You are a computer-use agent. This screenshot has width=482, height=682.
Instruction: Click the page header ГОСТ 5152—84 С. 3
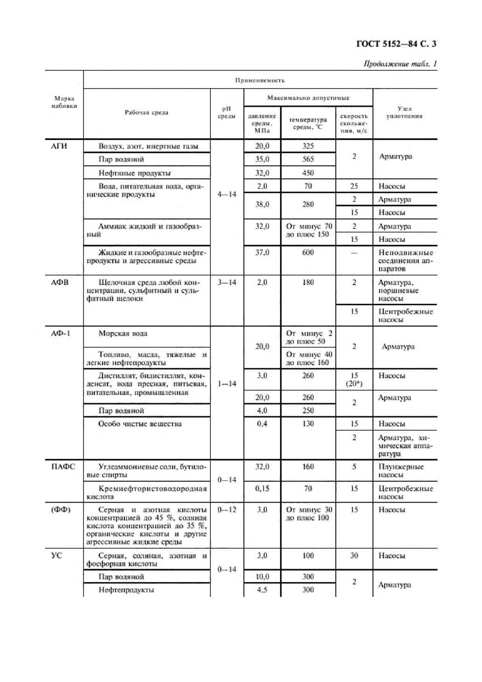point(396,44)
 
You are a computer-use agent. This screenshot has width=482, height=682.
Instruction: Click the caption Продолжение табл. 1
point(400,64)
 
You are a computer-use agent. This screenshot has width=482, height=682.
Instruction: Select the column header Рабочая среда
point(146,112)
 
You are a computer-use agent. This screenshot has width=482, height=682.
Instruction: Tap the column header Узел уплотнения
point(404,112)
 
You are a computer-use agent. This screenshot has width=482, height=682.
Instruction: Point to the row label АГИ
point(59,146)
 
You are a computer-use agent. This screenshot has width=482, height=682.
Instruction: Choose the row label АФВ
point(59,282)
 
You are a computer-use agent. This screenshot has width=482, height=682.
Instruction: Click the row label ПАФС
point(63,467)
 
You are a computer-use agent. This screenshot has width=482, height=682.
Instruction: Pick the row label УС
point(56,556)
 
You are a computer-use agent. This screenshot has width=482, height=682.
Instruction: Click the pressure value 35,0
point(262,159)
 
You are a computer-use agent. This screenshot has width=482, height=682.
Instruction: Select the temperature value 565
point(307,159)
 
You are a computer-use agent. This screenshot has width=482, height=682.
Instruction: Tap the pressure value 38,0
point(262,204)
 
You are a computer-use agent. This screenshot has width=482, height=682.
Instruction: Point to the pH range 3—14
point(227,282)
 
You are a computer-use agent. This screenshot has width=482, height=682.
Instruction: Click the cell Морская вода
point(123,333)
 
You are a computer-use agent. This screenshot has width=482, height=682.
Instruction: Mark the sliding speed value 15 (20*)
point(354,379)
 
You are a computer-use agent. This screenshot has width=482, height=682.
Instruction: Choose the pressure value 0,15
point(262,489)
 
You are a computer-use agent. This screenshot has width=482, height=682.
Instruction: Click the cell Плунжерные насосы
point(401,471)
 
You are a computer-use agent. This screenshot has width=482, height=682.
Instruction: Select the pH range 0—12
point(227,510)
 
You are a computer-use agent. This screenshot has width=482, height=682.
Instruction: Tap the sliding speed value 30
point(354,556)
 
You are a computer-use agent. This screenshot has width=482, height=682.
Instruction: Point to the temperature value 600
point(307,253)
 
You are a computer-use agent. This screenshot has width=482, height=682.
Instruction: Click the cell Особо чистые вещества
point(140,424)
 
